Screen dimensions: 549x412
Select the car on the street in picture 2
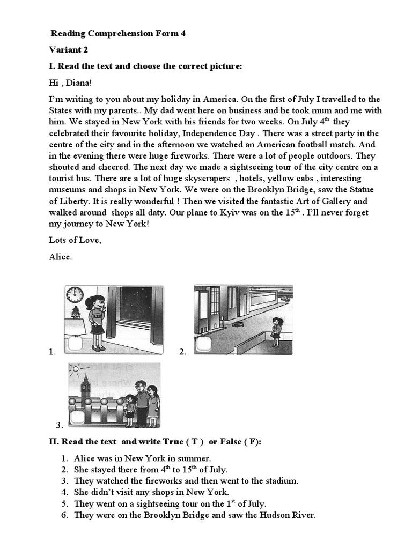click(238, 325)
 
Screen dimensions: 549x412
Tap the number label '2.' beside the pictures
click(183, 352)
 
